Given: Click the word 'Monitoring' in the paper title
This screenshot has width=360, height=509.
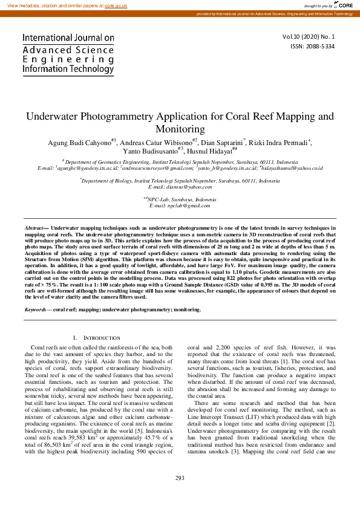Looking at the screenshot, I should click(180, 129).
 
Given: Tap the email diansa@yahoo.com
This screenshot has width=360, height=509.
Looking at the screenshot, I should click(180, 187).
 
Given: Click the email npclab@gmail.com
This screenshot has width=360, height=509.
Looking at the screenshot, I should click(180, 206).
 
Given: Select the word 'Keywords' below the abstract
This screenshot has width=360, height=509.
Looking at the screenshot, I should click(35, 310).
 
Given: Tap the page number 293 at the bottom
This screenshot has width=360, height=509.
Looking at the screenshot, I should click(180, 495).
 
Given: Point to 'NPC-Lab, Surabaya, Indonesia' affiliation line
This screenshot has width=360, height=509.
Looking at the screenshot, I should click(180, 199).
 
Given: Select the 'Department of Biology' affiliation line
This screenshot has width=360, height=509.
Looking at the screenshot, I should click(180, 181).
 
